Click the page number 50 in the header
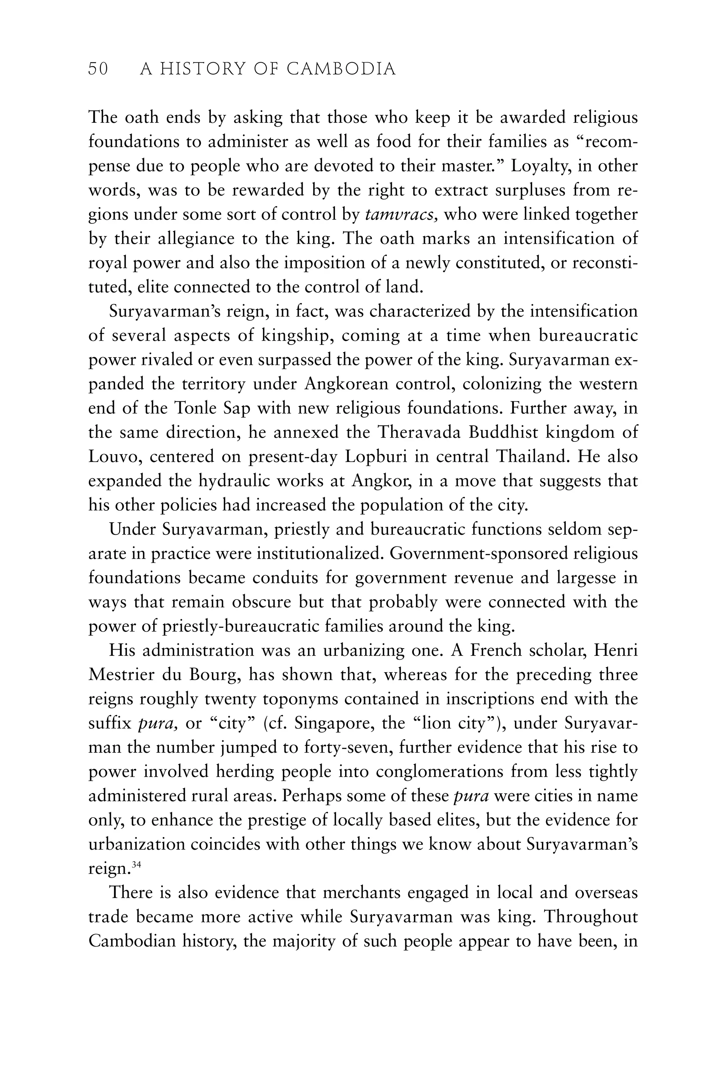(x=98, y=69)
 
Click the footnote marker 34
(x=136, y=865)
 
